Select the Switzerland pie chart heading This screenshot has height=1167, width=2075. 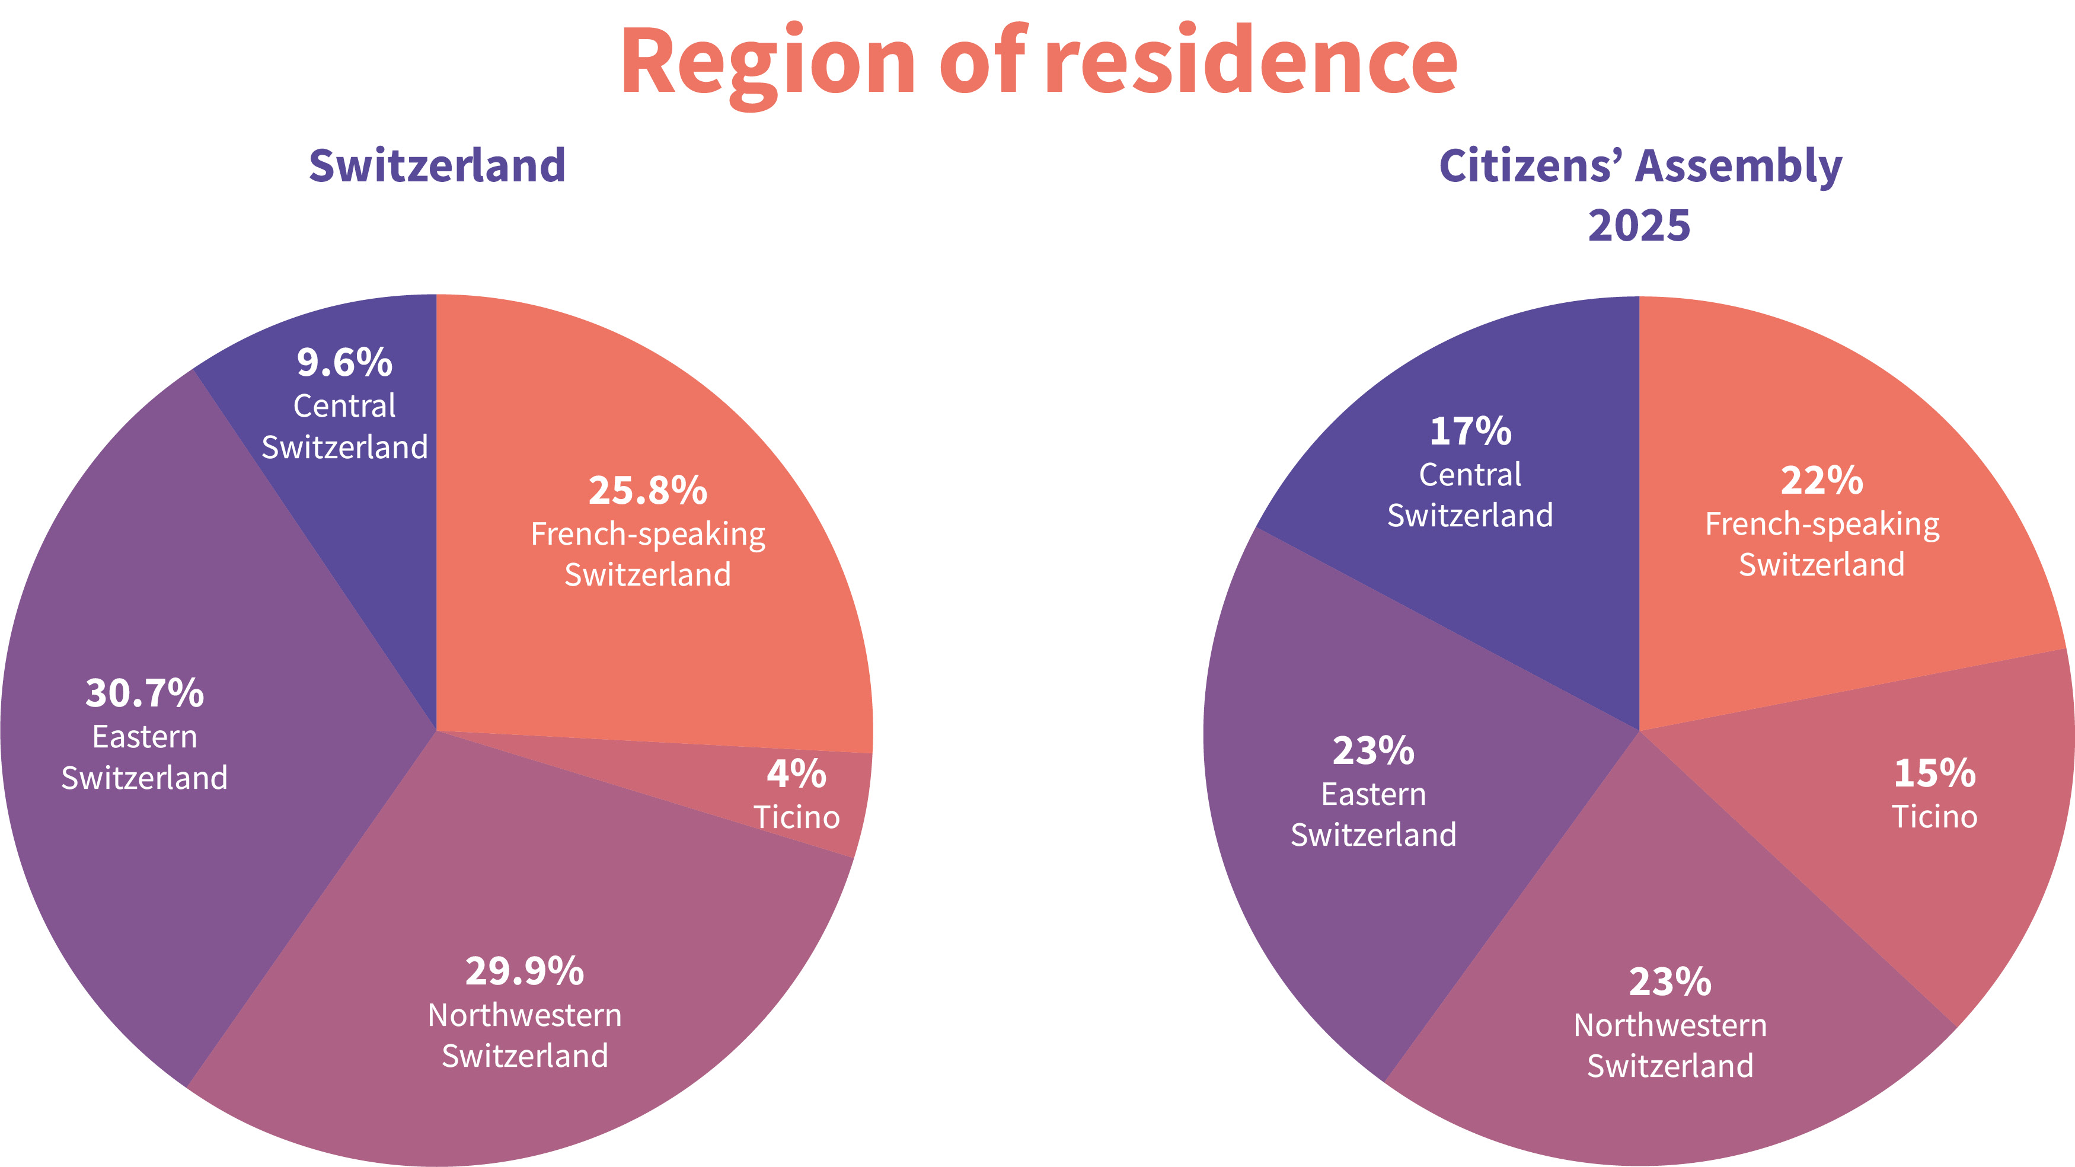(x=438, y=166)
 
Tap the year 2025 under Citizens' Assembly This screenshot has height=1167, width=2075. (x=1639, y=225)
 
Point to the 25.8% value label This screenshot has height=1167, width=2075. (x=647, y=491)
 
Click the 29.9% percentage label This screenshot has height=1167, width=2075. (x=525, y=971)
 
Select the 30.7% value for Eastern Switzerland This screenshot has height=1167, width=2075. (x=145, y=693)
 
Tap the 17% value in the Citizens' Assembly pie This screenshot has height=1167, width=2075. (x=1470, y=431)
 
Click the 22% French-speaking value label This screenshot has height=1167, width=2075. (x=1822, y=481)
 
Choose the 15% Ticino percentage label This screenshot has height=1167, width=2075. (x=1935, y=773)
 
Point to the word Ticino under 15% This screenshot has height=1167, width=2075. (x=1935, y=817)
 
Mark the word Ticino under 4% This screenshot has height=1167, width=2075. (x=797, y=817)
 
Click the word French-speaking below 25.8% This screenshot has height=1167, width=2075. (x=647, y=535)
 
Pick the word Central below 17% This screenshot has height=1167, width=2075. (x=1470, y=474)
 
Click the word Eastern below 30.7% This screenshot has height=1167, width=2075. (x=145, y=737)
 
